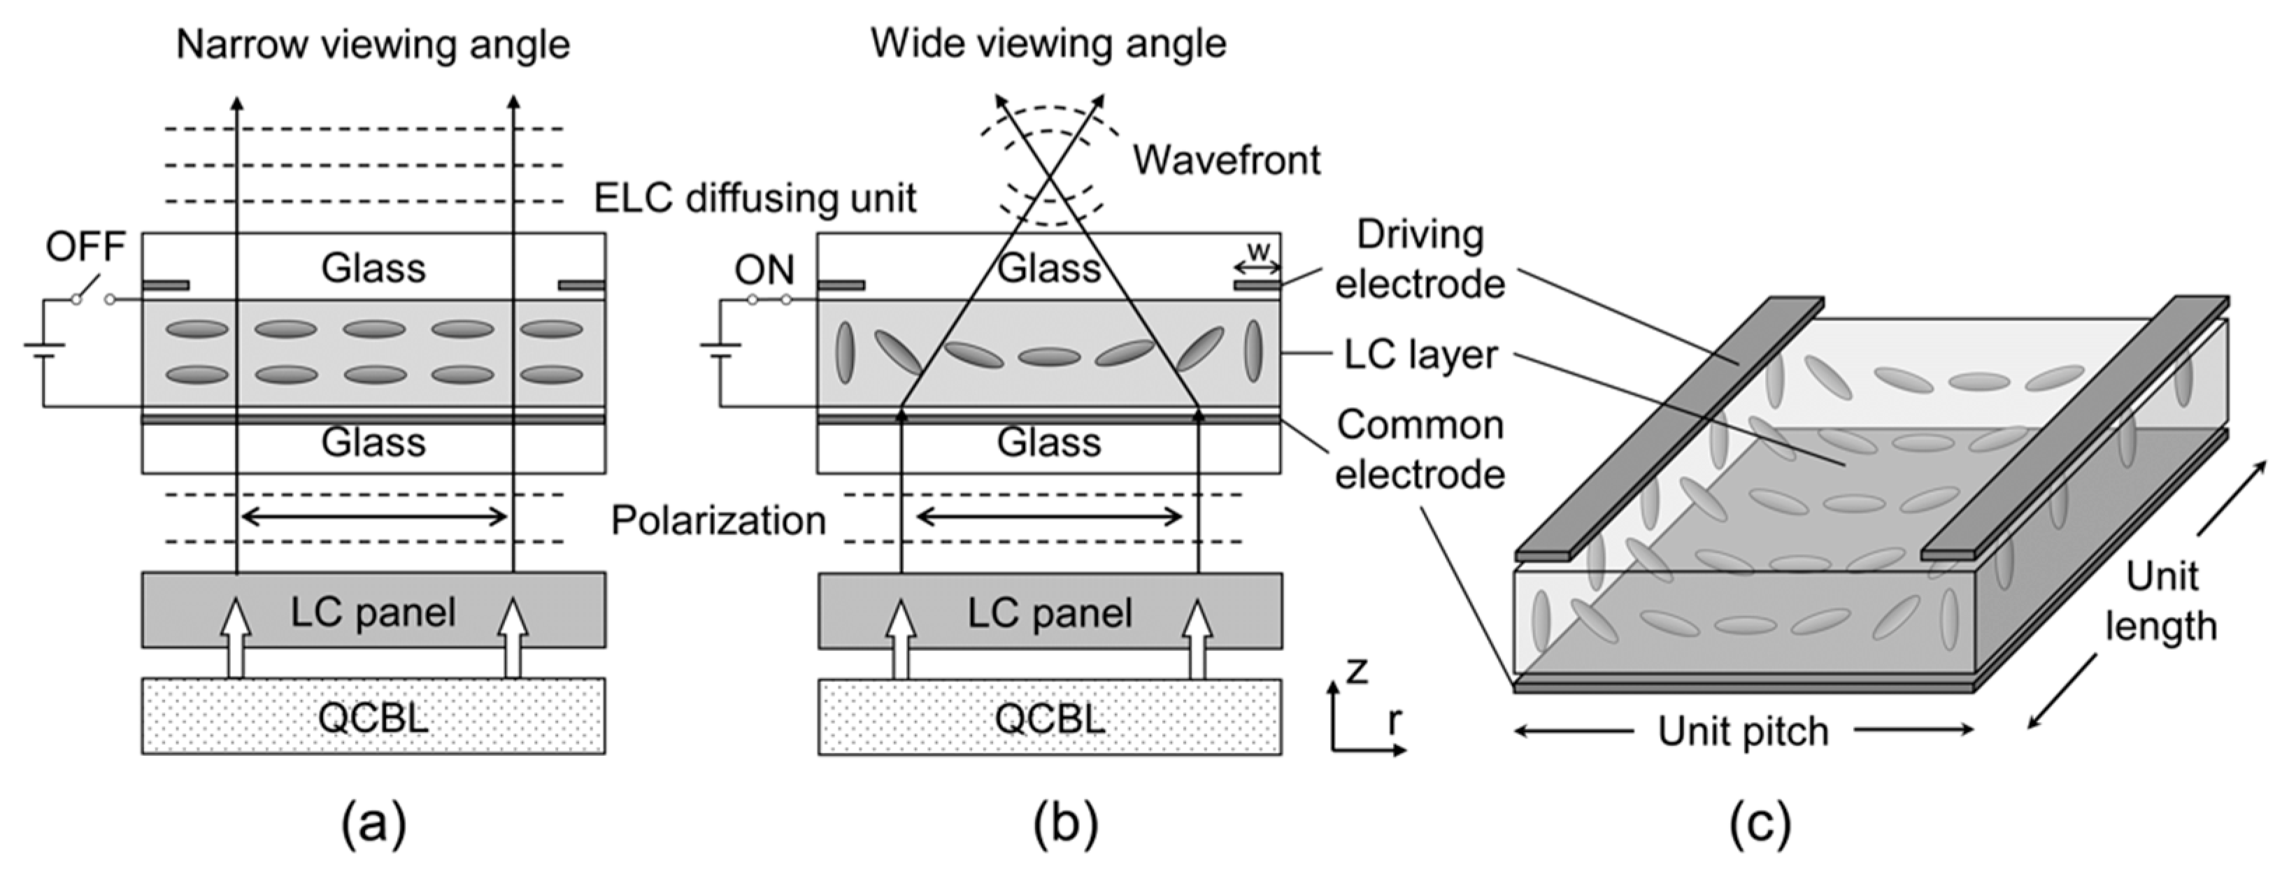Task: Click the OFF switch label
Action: click(85, 247)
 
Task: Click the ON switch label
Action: click(764, 270)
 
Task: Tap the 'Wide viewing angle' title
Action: click(1048, 43)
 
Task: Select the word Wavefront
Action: click(1225, 161)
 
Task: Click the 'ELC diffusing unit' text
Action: click(755, 198)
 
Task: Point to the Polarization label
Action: click(718, 520)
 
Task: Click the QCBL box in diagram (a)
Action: click(373, 717)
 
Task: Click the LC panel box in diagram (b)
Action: click(1050, 612)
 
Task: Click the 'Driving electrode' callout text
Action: click(1419, 259)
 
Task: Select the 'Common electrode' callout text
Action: click(1419, 450)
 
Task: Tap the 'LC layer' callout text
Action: click(1420, 354)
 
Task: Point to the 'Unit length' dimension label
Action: click(2160, 601)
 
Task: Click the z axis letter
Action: click(1356, 670)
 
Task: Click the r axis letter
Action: click(1395, 722)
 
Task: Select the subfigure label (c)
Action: click(1760, 825)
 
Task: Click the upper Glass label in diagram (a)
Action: click(373, 267)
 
